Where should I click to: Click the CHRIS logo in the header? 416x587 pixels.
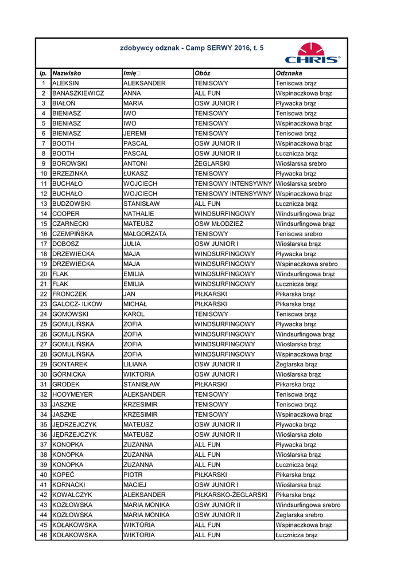pos(313,53)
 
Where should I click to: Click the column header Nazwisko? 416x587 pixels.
pos(67,73)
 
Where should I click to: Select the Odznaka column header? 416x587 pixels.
pos(289,73)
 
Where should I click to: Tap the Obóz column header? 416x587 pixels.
pos(203,73)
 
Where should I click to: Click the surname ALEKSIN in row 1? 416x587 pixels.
pos(65,83)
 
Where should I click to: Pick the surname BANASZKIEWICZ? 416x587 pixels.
pos(78,93)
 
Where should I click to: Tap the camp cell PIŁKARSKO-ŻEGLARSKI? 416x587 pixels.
pos(231,495)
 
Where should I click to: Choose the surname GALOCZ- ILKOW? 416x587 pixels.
pos(77,304)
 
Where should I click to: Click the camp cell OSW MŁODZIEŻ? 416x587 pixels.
pos(219,224)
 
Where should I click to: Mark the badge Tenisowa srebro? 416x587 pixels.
pos(299,234)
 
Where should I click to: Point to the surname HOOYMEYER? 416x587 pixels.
pos(72,394)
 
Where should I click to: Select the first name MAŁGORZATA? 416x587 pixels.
pos(145,234)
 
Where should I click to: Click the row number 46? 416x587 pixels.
pos(43,535)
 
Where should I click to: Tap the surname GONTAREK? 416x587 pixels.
pos(70,364)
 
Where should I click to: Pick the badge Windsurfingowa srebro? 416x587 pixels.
pos(308,505)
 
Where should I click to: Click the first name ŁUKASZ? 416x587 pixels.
pos(135,174)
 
